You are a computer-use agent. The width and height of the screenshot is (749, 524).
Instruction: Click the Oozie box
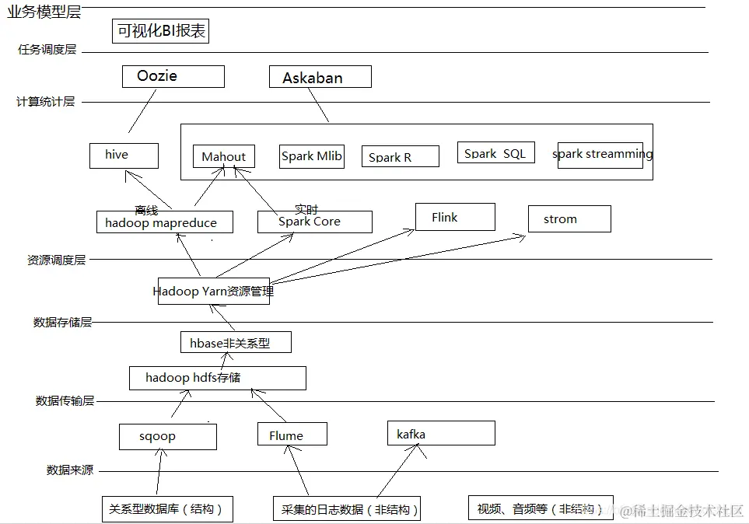coord(173,76)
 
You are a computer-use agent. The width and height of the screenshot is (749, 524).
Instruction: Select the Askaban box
coord(320,77)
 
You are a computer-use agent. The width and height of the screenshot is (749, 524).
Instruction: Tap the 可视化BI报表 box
coord(161,31)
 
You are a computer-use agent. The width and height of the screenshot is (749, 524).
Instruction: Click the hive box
coord(124,155)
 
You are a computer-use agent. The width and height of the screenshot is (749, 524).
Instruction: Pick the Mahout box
coord(224,157)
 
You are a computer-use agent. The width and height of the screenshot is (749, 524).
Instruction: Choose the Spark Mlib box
coord(311,156)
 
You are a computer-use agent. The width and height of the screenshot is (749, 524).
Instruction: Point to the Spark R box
coord(400,156)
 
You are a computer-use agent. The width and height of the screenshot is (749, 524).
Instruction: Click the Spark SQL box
coord(495,152)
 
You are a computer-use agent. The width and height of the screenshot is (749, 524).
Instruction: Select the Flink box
coord(455,217)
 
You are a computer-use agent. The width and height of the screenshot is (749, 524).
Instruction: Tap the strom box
coord(569,218)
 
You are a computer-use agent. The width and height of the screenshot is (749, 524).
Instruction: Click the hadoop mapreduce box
coord(166,222)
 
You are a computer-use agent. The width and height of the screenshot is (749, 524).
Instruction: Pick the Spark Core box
coord(314,222)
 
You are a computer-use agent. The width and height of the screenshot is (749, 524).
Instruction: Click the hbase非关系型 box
coord(236,342)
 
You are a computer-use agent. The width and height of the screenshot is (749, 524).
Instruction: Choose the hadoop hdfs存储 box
coord(217,378)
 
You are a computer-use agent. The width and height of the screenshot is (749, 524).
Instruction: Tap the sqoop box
coord(167,436)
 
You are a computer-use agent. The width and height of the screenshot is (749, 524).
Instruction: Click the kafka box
coord(440,434)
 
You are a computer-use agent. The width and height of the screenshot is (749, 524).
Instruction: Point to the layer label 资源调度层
coord(57,260)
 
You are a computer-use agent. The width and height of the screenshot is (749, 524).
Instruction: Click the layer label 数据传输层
coord(65,400)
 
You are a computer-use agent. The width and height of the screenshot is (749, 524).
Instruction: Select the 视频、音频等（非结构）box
coord(540,508)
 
